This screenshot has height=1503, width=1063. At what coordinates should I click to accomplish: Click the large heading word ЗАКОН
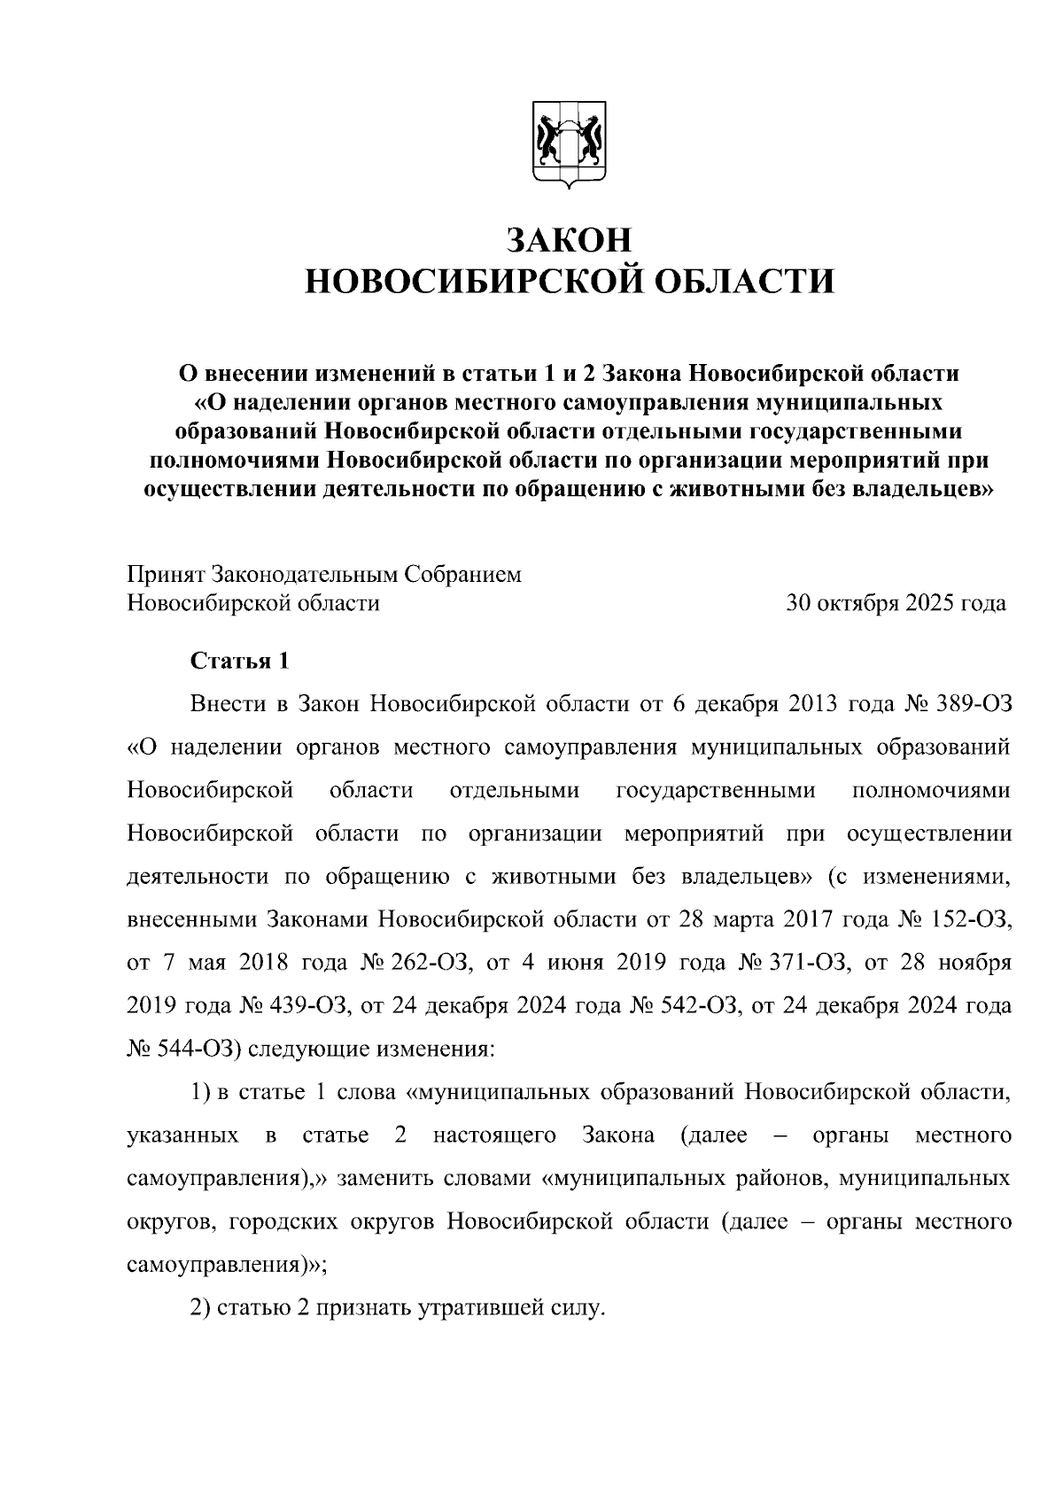tap(570, 240)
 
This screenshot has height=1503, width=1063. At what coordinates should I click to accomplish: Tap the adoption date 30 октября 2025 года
tap(896, 603)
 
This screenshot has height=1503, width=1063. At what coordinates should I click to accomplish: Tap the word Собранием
tap(463, 574)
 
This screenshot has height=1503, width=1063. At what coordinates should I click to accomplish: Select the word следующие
tap(306, 1049)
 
